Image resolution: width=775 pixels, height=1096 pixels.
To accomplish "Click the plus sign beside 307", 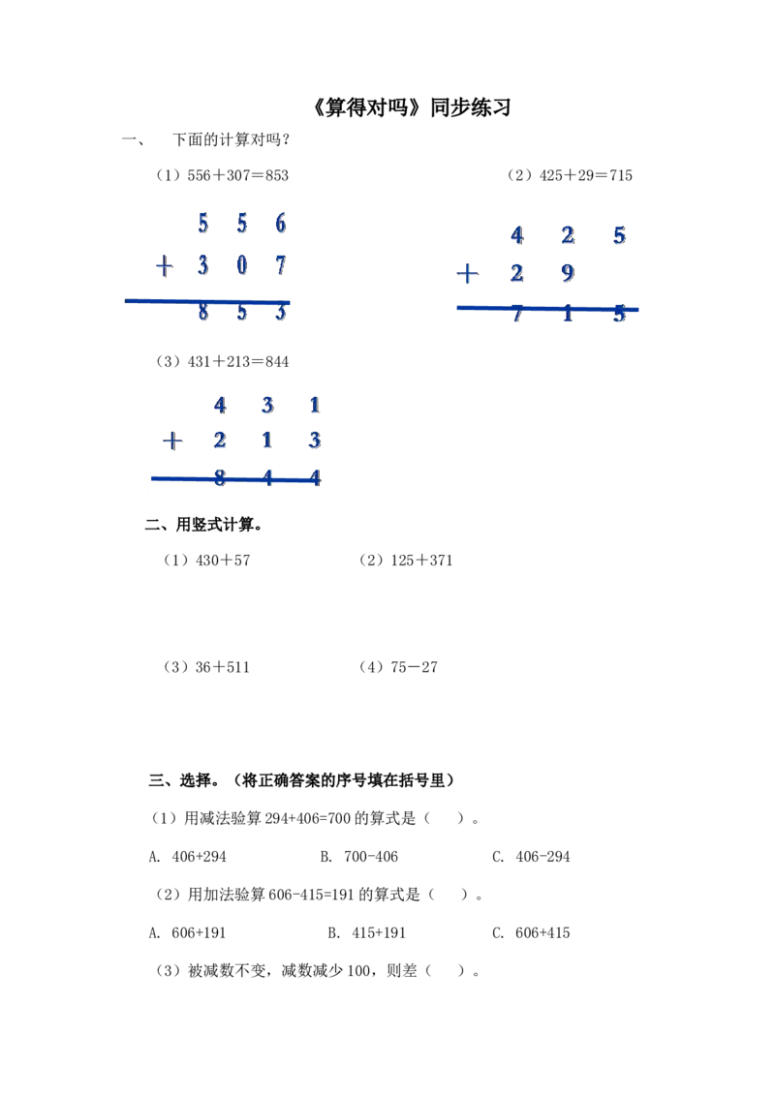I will [166, 265].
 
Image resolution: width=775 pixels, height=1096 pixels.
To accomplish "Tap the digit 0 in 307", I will [241, 265].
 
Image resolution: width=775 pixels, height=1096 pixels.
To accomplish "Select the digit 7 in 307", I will [280, 265].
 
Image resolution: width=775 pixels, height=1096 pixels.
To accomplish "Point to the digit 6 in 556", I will [280, 225].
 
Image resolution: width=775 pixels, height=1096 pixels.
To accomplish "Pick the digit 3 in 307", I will [202, 265].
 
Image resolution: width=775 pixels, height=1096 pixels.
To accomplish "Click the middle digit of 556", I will [241, 225].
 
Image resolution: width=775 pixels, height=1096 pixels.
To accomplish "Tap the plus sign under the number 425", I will [468, 275].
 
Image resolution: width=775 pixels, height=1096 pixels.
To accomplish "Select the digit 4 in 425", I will [517, 235].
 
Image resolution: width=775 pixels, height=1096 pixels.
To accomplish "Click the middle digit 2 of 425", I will [568, 235].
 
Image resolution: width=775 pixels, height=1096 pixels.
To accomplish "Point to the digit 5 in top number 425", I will [620, 235].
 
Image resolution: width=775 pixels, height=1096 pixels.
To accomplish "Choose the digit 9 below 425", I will [568, 275].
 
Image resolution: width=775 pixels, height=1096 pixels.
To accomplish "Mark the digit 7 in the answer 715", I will [517, 316].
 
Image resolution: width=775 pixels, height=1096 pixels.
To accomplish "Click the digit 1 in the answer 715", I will [568, 316].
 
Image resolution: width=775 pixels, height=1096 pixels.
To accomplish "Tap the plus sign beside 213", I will [173, 442].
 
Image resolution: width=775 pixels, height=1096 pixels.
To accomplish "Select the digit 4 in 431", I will [221, 405].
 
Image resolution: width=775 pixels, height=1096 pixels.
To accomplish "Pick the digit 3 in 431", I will [269, 405].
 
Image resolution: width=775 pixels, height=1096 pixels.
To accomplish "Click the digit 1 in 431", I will [316, 405].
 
